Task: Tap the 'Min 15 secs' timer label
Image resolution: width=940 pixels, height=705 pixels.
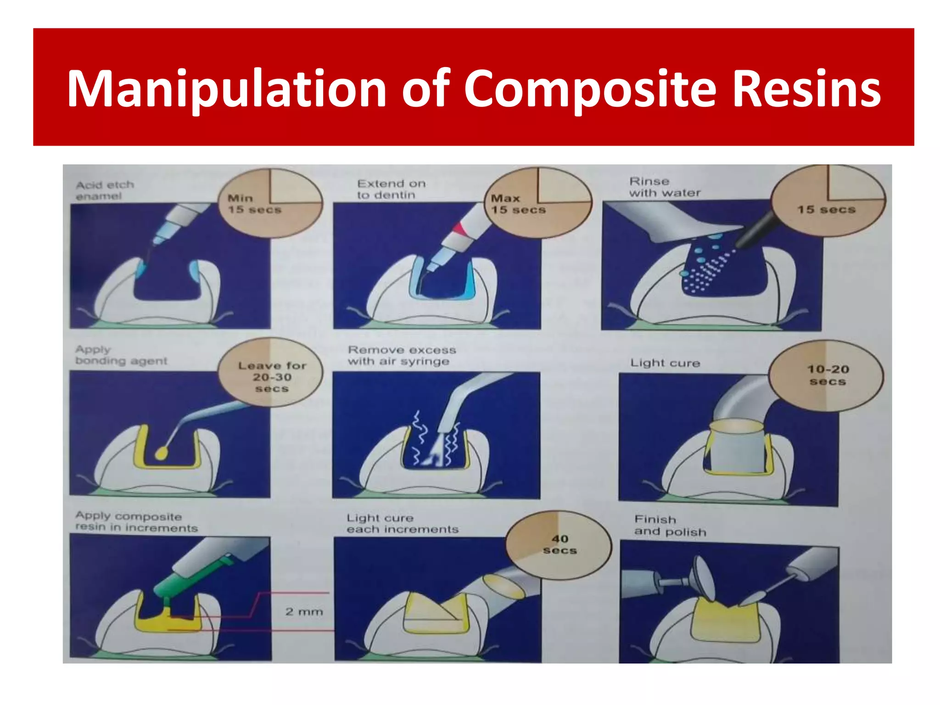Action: [254, 204]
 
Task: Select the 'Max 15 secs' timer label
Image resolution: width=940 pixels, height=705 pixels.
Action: [518, 204]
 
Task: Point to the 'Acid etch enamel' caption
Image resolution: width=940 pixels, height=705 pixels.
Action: [105, 190]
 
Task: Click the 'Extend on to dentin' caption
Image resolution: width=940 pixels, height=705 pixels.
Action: [392, 189]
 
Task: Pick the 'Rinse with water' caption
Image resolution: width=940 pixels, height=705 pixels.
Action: [665, 187]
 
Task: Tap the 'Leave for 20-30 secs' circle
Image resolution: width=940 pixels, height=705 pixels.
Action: [272, 377]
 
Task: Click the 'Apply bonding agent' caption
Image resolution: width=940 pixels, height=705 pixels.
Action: [121, 355]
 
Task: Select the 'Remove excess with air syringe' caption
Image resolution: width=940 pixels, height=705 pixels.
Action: [402, 356]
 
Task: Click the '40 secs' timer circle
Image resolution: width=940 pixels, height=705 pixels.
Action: [560, 544]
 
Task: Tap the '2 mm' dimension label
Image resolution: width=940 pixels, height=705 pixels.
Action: [304, 612]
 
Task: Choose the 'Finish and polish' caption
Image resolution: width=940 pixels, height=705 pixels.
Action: [670, 526]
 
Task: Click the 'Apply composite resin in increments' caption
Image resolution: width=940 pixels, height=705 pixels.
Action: [136, 522]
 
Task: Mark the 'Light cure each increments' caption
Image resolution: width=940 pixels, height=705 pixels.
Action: [403, 524]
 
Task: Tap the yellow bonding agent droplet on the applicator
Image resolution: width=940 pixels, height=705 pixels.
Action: [161, 453]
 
